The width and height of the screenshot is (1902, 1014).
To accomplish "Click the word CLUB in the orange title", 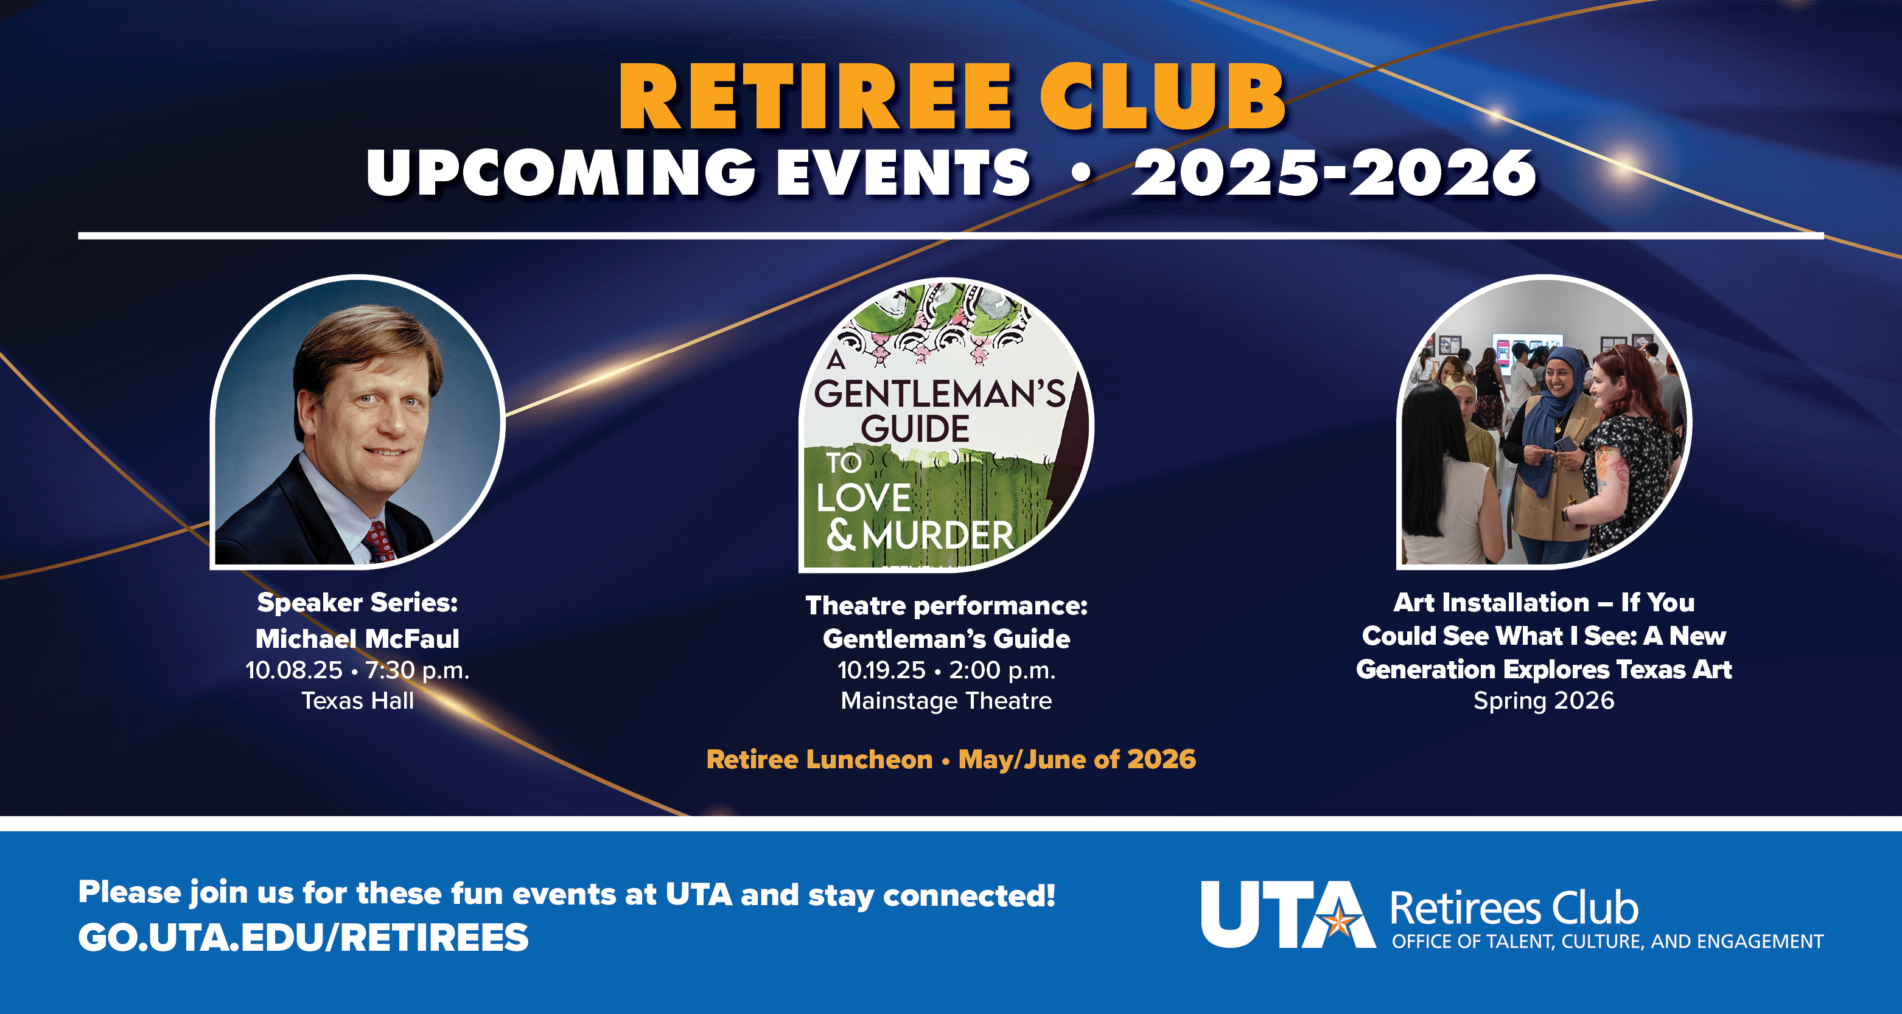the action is pos(1164,97).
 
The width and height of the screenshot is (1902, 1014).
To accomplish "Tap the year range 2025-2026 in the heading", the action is pos(1334,173).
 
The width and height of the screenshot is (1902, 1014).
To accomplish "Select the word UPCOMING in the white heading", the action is pos(561,173).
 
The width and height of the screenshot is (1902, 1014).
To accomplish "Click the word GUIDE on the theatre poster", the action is pos(915,429).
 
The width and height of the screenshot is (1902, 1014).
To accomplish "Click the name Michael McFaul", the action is pos(357,638).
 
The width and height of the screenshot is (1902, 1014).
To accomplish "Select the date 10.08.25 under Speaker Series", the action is pos(294,670).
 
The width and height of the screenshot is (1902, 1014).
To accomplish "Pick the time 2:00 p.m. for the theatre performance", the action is pos(1002,670).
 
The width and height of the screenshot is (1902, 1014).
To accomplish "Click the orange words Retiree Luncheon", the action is pos(820,759).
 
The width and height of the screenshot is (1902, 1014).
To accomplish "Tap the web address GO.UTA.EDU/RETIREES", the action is pos(304,938).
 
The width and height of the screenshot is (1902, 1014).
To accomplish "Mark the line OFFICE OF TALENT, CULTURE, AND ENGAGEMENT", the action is pos(1607,942).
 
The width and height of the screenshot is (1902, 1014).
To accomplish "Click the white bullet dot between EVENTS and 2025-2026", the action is pos(1080,174).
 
